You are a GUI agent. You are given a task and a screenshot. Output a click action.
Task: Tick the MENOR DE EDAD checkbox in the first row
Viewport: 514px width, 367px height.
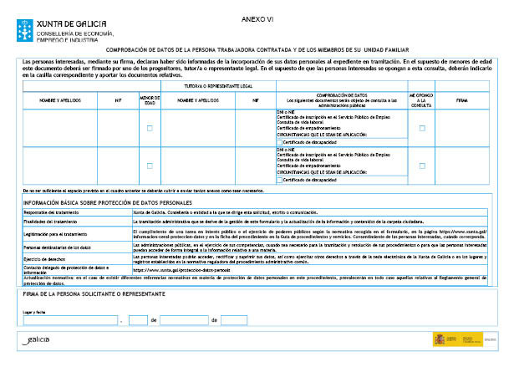click(149, 128)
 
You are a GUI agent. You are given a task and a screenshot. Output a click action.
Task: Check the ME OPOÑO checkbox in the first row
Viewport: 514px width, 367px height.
click(422, 128)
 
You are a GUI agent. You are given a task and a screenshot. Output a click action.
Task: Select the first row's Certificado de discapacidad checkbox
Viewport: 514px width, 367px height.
click(280, 142)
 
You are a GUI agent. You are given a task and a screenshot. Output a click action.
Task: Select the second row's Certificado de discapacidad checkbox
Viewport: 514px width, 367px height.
click(280, 179)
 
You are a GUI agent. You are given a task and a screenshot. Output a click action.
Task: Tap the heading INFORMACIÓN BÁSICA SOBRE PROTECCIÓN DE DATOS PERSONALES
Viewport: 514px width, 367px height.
click(108, 202)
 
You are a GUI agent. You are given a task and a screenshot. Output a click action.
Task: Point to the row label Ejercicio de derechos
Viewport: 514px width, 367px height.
click(46, 258)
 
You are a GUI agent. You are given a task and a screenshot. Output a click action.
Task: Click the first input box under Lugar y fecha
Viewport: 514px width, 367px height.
click(70, 319)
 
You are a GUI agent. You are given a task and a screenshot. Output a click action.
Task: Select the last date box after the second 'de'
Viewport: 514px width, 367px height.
click(235, 319)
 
